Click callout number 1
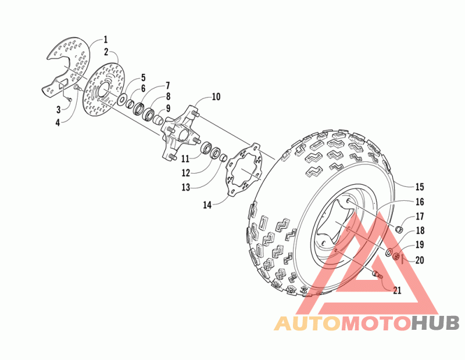[106, 39]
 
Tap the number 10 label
[216, 97]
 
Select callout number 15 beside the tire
[419, 187]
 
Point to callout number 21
[397, 291]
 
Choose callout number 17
[419, 217]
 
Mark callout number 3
[59, 109]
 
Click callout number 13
[185, 187]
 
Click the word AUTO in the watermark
[307, 323]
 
